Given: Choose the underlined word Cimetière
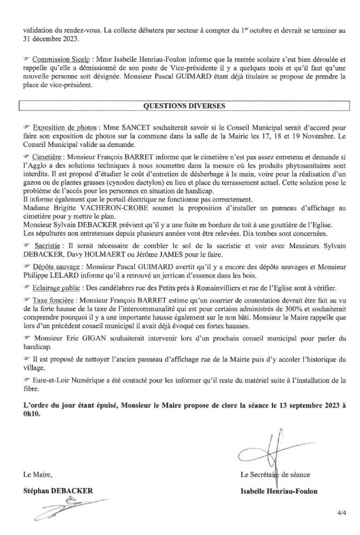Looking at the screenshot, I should (50, 156).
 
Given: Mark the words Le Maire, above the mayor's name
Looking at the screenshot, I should (38, 475).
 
